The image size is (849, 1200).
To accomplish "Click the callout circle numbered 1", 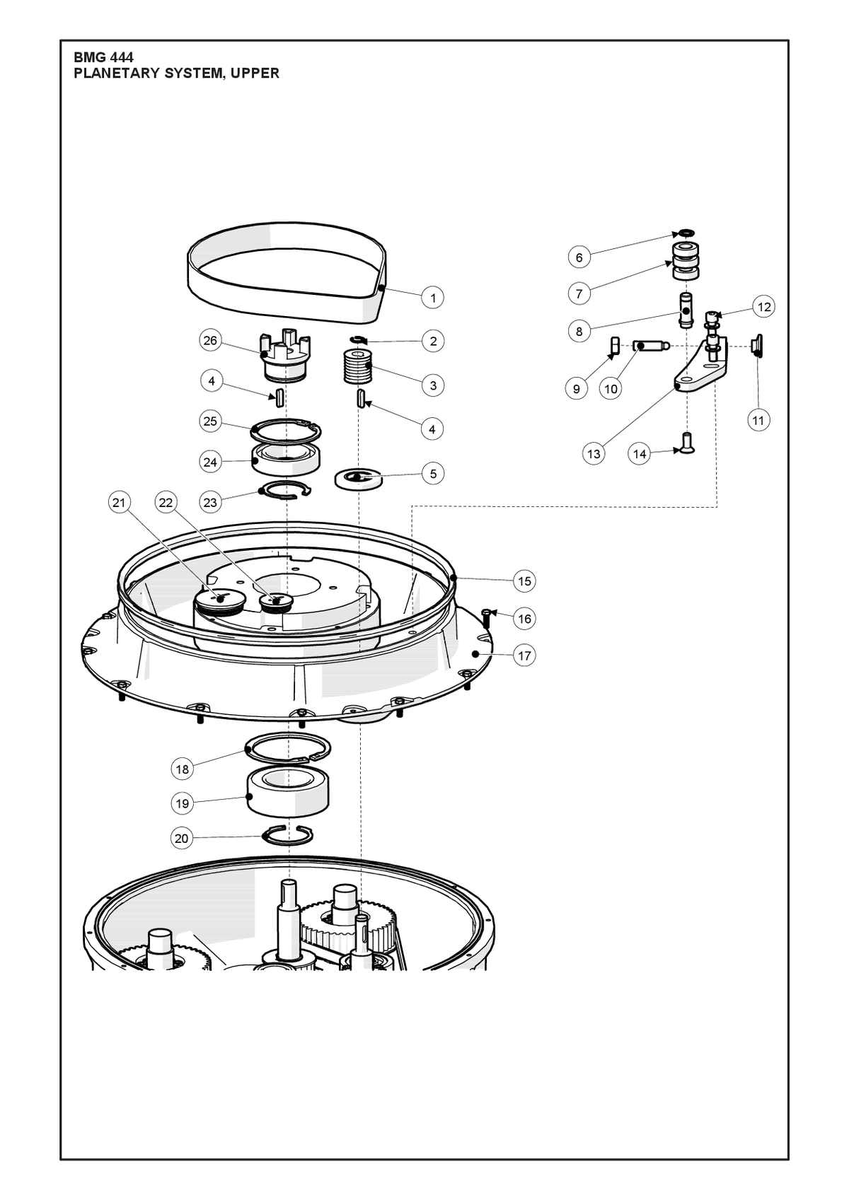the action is [x=433, y=297].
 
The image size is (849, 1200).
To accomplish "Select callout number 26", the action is [x=211, y=341].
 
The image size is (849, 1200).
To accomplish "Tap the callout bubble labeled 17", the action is [x=524, y=656].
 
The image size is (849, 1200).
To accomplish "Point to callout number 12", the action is [x=764, y=307].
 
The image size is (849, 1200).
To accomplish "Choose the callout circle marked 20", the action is [x=182, y=839].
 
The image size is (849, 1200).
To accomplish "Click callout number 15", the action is [x=524, y=581].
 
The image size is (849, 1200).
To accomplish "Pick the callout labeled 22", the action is [x=166, y=503].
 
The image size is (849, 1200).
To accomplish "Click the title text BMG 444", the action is [x=103, y=57].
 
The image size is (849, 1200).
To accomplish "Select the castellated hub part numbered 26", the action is [x=284, y=355].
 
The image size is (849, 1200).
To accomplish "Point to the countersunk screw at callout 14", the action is [x=686, y=443].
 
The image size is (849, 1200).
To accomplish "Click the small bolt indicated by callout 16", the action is [x=485, y=619].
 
